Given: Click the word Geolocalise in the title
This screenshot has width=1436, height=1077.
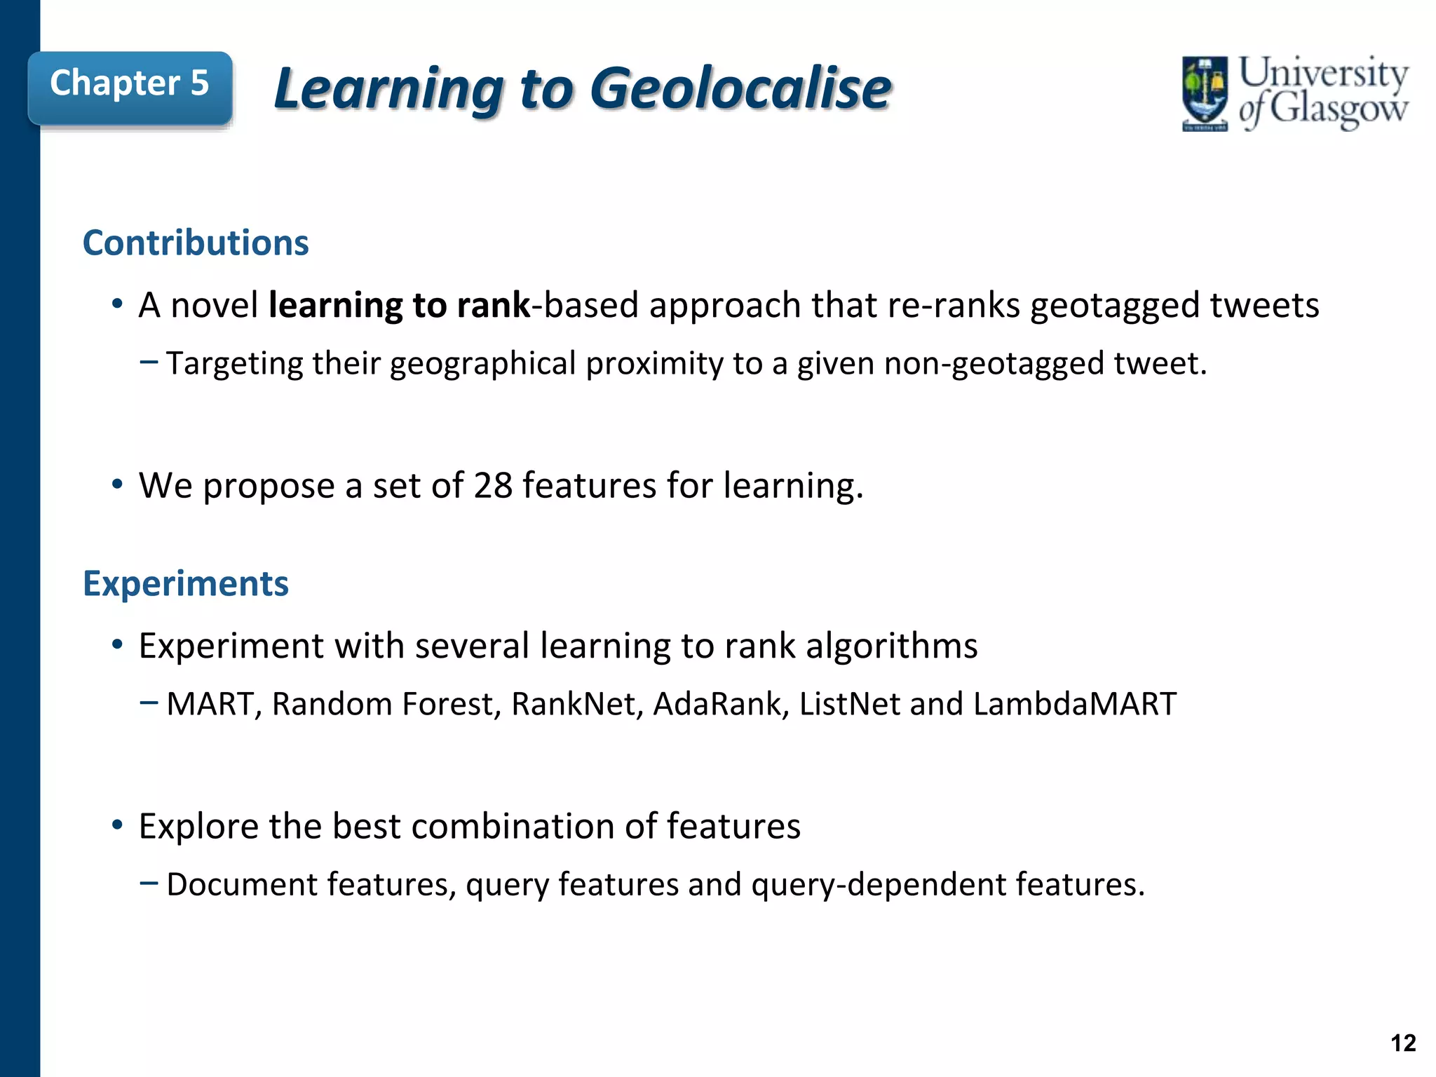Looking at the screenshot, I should pos(740,89).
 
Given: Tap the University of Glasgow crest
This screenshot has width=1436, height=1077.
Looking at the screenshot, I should pos(1205,93).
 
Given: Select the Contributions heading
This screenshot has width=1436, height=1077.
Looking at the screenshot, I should pos(196,243).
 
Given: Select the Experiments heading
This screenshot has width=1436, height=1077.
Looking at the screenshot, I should pos(186,583).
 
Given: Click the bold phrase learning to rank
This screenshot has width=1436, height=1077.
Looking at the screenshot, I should pos(400,306).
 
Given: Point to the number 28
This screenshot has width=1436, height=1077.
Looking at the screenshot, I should pos(493,485).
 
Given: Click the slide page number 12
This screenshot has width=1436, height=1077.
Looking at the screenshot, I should pos(1403,1043).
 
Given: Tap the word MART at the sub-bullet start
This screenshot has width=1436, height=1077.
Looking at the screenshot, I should pos(210,704).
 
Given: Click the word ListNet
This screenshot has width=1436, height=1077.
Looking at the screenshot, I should pos(849,704).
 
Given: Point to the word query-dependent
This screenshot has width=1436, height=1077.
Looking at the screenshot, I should pos(879,885).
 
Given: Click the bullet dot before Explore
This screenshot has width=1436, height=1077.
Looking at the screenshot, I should pos(117,825).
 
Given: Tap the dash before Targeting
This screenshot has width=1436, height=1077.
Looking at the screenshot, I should pos(149,363).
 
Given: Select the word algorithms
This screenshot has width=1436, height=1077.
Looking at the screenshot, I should pos(891,646).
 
